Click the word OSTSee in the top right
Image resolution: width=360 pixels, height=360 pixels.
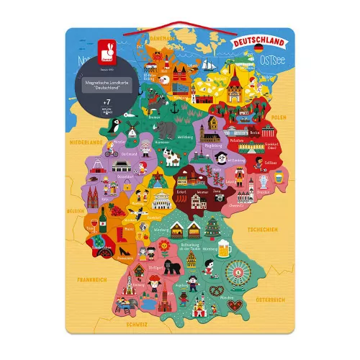click(269, 58)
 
